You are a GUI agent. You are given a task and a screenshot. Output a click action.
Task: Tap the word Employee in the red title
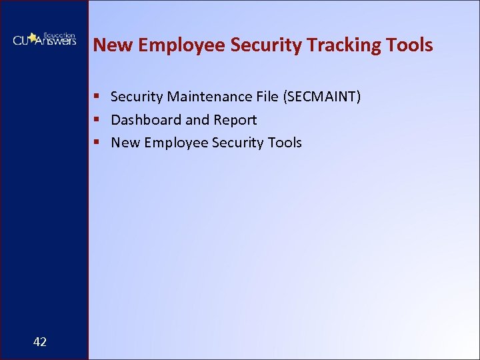(x=177, y=45)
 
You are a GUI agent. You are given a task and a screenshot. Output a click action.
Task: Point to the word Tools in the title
(x=410, y=45)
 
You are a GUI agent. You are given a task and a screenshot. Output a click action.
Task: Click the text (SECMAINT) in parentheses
(x=322, y=97)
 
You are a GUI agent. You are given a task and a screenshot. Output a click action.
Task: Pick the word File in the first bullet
(x=267, y=97)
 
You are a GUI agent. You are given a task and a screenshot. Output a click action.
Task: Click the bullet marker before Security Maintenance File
(x=97, y=97)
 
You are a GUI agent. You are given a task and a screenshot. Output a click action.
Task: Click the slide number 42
(x=40, y=342)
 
